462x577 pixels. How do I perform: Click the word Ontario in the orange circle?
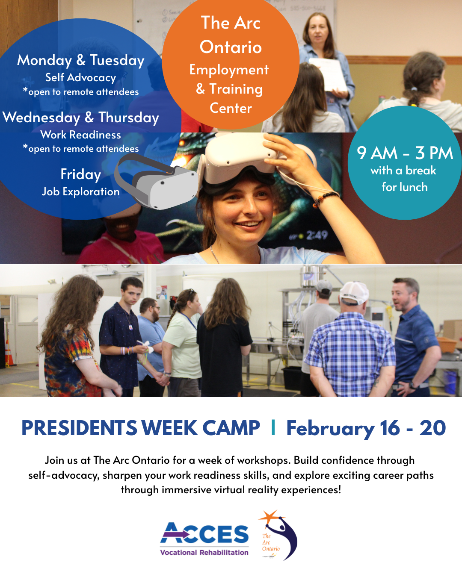(231, 47)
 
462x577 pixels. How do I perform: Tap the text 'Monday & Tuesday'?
(81, 60)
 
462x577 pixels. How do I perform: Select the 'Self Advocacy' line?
(81, 78)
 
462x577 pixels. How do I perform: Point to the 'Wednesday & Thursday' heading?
(81, 118)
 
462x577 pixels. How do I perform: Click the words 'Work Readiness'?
(81, 135)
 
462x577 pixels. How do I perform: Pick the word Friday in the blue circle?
(81, 174)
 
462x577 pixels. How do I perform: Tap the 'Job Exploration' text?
(81, 192)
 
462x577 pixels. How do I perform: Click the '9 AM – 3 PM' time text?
(405, 153)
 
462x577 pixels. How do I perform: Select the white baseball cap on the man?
(354, 292)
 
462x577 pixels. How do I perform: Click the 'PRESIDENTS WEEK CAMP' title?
(141, 428)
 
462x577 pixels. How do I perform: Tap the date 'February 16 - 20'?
(366, 428)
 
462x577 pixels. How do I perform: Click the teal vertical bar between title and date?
(273, 428)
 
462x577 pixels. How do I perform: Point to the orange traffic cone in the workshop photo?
(9, 352)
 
